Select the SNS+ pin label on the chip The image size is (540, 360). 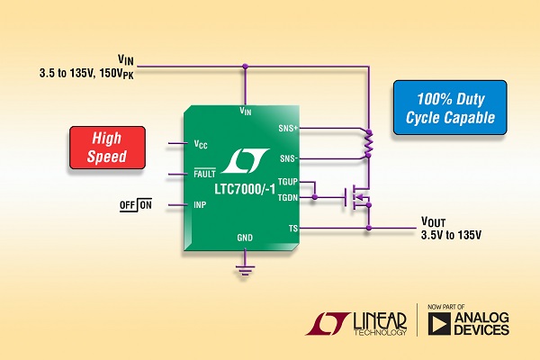[x=291, y=129]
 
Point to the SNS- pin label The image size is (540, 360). [x=291, y=157]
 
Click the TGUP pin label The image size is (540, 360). [x=289, y=183]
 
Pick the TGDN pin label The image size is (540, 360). [x=289, y=196]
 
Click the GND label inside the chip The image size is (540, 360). [x=245, y=238]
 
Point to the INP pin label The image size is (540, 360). [x=202, y=204]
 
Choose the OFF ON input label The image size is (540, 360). [x=136, y=205]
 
